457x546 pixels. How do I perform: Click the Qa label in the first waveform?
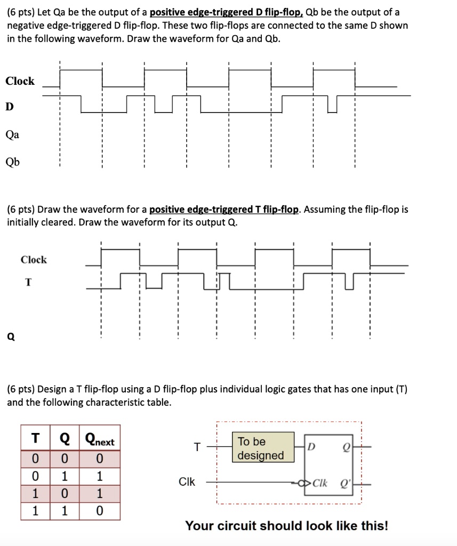point(12,135)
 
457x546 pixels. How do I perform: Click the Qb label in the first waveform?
point(12,162)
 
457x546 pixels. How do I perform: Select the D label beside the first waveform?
point(9,107)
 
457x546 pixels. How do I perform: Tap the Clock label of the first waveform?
point(20,81)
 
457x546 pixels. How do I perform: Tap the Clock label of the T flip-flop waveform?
point(34,260)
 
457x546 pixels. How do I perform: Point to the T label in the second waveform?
point(27,283)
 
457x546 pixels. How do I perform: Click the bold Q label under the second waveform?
point(10,336)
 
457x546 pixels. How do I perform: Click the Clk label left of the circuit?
point(187,482)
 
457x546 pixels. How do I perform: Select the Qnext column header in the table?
point(100,441)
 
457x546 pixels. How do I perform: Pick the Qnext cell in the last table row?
point(100,511)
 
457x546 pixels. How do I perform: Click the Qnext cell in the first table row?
point(100,459)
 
